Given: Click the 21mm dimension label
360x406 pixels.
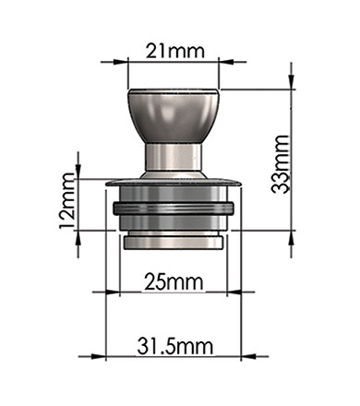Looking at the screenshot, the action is (174, 51).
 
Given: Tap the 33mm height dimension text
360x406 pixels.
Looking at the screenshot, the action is (281, 164).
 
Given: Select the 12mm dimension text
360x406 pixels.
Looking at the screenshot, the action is (66, 201).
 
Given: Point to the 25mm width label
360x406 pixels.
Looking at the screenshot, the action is (174, 282).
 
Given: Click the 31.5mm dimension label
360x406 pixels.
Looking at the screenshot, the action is (175, 346).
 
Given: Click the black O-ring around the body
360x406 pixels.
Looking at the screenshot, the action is (174, 209).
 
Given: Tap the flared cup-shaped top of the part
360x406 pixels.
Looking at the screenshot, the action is (174, 116).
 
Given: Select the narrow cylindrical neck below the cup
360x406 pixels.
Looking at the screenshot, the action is (174, 158).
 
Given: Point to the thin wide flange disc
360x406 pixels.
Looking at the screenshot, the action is (174, 183).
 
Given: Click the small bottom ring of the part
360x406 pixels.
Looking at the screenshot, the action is (174, 243).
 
